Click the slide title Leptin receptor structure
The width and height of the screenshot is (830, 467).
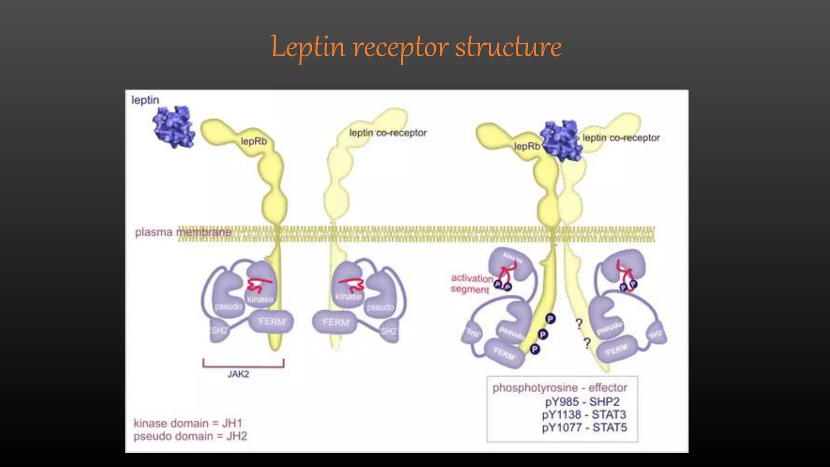tap(416, 47)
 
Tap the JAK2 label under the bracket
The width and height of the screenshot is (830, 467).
tap(238, 374)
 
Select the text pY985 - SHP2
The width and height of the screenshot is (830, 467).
tap(582, 402)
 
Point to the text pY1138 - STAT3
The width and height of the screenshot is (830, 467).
tap(584, 415)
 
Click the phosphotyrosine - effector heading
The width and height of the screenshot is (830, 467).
tap(560, 388)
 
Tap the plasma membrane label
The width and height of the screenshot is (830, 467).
tap(183, 232)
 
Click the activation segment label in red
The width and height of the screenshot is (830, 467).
tap(471, 283)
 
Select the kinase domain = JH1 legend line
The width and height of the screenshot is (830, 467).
tap(188, 423)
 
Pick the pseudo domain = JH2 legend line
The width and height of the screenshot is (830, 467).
tap(190, 436)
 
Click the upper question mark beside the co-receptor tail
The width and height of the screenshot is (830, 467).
tap(579, 323)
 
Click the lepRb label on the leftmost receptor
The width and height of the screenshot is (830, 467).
tap(254, 141)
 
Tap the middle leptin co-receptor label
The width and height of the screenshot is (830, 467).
tap(388, 133)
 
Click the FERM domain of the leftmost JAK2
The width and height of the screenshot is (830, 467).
tap(272, 322)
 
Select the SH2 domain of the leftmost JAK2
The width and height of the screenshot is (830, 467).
tap(219, 331)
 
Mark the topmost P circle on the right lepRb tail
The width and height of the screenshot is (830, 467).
tap(550, 319)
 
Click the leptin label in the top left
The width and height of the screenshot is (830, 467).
tap(145, 100)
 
